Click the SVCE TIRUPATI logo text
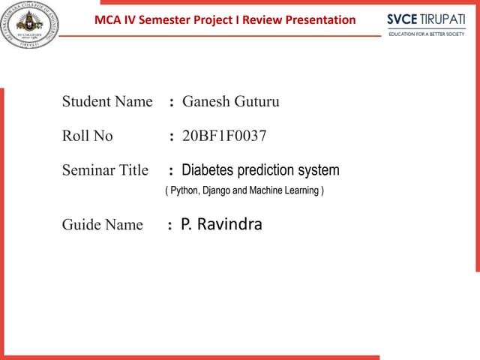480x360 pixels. (426, 19)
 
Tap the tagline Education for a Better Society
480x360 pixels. (426, 34)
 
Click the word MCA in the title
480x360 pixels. (108, 19)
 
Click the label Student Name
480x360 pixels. (107, 101)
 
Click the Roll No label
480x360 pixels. (88, 136)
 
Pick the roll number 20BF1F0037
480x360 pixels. (224, 136)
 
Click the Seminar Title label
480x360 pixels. (105, 170)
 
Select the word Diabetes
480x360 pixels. (208, 170)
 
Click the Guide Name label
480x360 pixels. (102, 225)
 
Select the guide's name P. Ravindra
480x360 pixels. (222, 223)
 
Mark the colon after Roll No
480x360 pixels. (172, 136)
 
